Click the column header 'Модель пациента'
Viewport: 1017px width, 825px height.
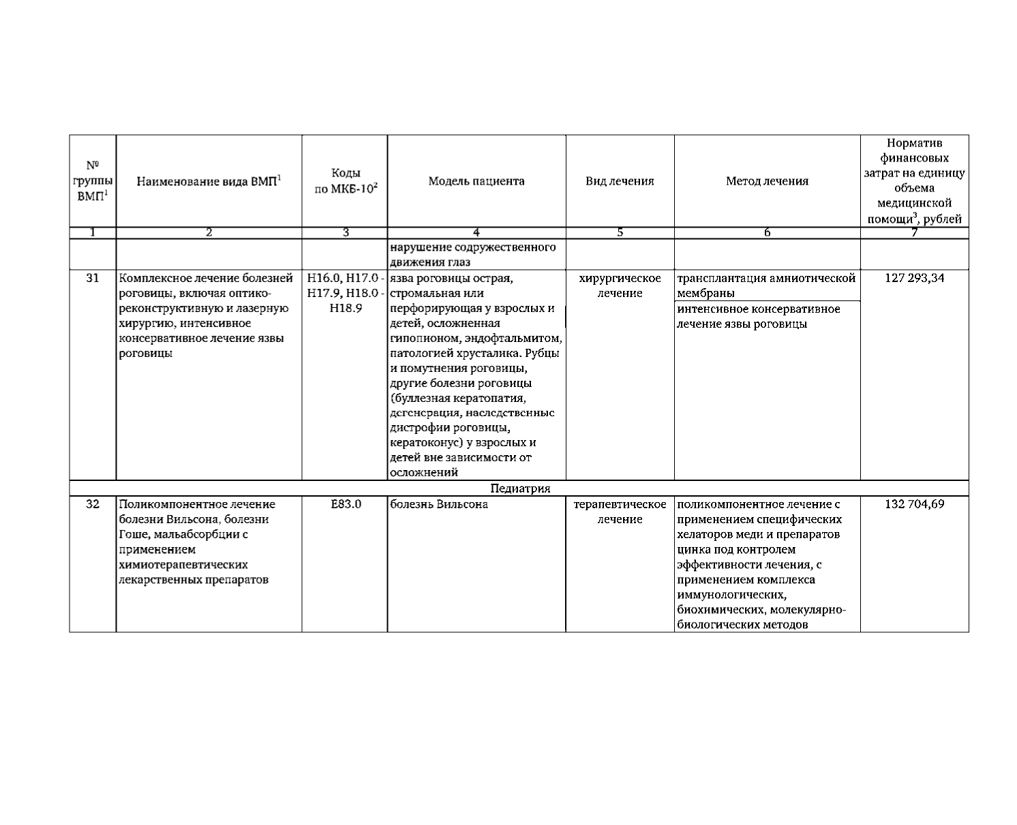(x=476, y=181)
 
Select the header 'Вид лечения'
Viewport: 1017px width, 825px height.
(x=620, y=181)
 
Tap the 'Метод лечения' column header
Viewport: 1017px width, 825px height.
(x=767, y=181)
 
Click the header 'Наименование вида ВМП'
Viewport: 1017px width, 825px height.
(x=209, y=181)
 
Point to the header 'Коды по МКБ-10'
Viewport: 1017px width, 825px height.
(x=346, y=181)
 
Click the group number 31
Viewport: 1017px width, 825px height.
(x=93, y=278)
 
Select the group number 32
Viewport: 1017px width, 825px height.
(x=93, y=504)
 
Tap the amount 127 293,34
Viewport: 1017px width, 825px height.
(x=914, y=278)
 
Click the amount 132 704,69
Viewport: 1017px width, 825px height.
(x=914, y=504)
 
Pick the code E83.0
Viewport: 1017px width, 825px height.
(x=346, y=504)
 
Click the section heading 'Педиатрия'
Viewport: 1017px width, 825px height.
(x=519, y=488)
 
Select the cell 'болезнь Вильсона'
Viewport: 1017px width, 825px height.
(x=439, y=504)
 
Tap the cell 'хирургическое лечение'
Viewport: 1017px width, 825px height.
(x=620, y=285)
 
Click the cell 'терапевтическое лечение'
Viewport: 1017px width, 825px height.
(x=620, y=512)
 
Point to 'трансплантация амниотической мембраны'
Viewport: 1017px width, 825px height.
(x=765, y=285)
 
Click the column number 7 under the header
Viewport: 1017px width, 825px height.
(x=914, y=232)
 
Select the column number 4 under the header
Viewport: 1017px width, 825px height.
(x=476, y=232)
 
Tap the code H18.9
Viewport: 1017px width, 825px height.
(x=346, y=308)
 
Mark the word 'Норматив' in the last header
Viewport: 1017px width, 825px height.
(x=914, y=143)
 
